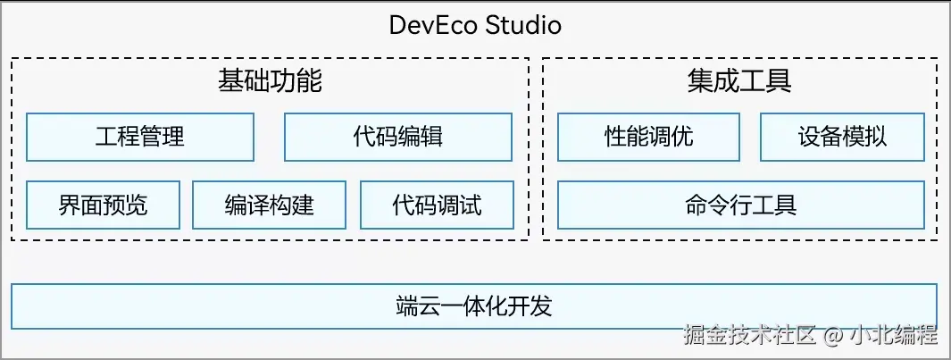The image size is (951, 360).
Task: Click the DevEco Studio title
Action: point(475,24)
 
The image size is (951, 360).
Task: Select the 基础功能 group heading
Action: point(270,81)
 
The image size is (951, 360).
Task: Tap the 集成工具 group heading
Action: point(739,81)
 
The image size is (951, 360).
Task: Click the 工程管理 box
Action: point(140,137)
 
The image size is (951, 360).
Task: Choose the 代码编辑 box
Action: point(398,137)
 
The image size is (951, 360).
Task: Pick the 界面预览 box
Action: point(104,205)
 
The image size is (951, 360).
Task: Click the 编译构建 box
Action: point(270,205)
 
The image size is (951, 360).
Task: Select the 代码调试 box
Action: point(438,205)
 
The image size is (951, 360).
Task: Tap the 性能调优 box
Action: point(649,137)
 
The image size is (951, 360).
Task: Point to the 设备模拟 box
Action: point(842,137)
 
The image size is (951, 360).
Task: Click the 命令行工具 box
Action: point(740,205)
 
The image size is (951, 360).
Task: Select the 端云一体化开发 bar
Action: point(474,306)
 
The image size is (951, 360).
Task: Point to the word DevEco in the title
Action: point(433,24)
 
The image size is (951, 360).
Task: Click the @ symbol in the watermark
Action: point(832,337)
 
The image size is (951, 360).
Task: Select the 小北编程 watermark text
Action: point(893,336)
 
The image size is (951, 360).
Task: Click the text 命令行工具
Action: point(740,205)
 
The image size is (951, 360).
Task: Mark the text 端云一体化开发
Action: point(474,306)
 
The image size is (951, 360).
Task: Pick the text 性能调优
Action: point(649,137)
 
